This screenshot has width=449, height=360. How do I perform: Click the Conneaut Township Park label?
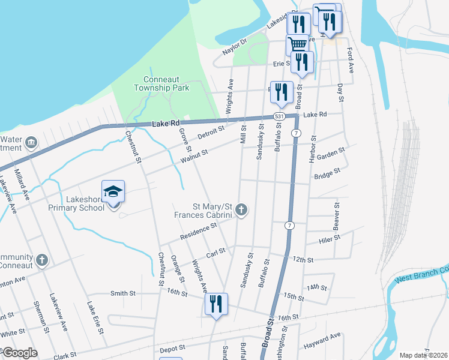pos(166,84)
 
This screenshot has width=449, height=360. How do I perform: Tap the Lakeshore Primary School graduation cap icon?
pos(113,192)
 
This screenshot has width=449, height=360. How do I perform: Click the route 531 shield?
pos(279,116)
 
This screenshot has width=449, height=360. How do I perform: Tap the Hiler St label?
pos(330,238)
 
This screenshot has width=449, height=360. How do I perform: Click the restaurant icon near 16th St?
pos(215,304)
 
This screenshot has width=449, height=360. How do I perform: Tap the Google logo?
pos(19,353)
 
